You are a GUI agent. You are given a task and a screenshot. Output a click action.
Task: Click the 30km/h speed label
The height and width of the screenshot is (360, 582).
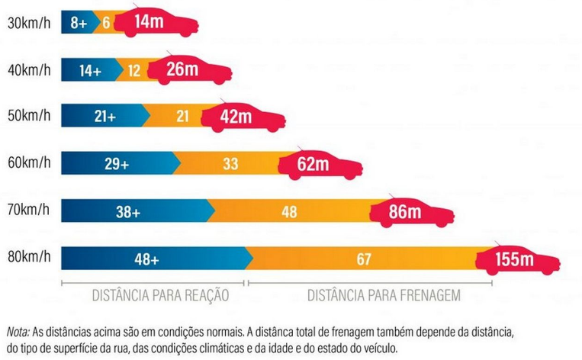click(x=29, y=24)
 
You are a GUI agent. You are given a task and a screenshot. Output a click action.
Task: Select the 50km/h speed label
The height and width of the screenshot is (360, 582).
click(x=29, y=117)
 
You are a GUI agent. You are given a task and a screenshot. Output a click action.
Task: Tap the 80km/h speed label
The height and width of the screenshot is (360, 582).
click(x=29, y=258)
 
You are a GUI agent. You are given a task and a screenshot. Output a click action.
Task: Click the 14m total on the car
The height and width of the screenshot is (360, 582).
click(x=150, y=22)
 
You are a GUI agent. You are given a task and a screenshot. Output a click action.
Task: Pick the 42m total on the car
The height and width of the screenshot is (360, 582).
click(x=235, y=117)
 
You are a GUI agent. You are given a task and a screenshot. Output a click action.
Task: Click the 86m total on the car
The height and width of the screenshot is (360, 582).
click(x=405, y=211)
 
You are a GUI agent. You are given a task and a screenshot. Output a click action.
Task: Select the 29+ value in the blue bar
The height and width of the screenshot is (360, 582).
click(x=116, y=163)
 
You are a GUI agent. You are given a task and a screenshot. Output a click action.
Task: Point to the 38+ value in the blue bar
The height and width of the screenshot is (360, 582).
click(x=127, y=212)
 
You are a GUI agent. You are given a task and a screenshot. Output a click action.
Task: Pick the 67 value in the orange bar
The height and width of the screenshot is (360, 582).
click(x=364, y=259)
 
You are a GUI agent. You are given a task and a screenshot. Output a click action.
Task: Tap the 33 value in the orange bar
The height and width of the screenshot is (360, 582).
click(x=231, y=163)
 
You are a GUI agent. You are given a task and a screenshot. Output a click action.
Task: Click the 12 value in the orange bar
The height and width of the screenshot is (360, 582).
click(x=134, y=70)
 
